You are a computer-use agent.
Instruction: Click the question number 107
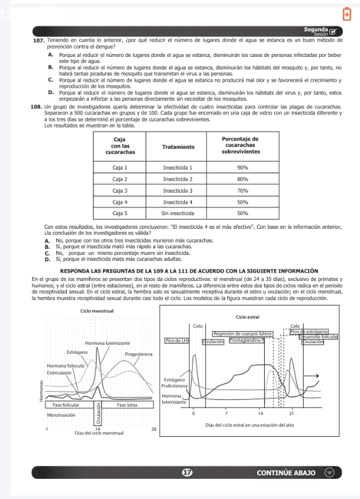[x=37, y=39]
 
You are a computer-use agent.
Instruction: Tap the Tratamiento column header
[x=179, y=146]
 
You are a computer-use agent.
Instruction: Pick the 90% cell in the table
[x=242, y=168]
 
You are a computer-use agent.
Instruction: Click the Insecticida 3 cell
[x=179, y=190]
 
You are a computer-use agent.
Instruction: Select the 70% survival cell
[x=242, y=190]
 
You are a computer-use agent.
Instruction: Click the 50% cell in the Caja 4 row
[x=242, y=201]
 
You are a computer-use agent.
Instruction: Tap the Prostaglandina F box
[x=247, y=341]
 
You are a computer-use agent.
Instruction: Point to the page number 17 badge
[x=188, y=473]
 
